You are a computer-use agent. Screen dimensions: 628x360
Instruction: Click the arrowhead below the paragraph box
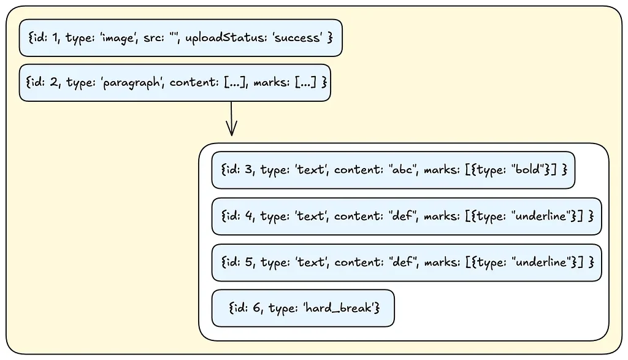pos(231,128)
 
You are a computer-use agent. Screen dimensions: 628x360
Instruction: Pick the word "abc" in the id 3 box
pos(402,169)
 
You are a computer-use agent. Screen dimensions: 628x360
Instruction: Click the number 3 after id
pos(248,169)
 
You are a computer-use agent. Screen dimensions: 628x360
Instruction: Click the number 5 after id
pos(248,262)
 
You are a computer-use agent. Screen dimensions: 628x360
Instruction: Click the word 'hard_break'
pos(341,307)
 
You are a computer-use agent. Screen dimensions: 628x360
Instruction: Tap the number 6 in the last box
pos(256,308)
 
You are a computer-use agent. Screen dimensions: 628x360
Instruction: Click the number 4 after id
pos(248,216)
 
